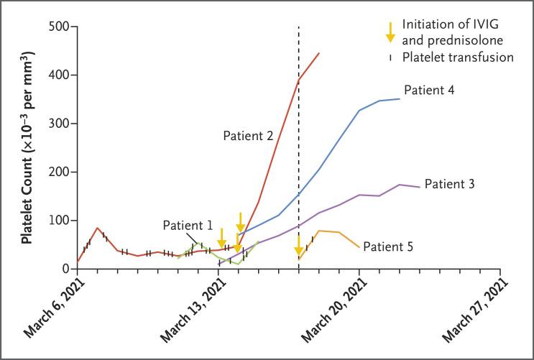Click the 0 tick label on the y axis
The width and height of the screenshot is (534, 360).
point(65,269)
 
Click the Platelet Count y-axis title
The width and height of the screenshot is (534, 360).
point(27,147)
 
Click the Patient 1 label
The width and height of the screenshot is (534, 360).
point(187,224)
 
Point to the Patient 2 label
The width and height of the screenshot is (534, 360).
point(247,134)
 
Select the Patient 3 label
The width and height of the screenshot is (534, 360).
point(449,184)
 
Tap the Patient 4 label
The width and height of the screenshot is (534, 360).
point(428,91)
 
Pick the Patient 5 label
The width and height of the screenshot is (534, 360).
point(387,247)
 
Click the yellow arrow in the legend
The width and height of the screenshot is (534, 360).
point(390,32)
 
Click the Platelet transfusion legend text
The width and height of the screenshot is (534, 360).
point(458,57)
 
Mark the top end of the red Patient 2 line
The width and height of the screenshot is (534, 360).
point(319,53)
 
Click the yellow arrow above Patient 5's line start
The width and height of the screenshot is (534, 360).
point(298,246)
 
